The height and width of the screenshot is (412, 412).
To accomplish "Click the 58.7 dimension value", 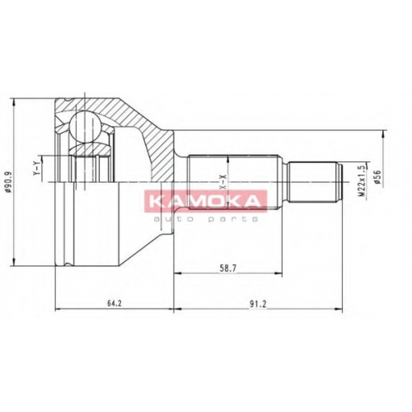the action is click(228, 269).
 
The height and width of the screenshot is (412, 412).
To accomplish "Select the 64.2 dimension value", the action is click(115, 303).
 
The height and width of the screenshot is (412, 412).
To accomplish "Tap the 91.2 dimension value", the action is click(258, 303).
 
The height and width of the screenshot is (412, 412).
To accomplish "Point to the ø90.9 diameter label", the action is click(9, 182).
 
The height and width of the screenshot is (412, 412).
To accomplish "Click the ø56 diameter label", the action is click(377, 177).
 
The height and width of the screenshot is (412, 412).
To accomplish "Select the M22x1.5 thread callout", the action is click(362, 180).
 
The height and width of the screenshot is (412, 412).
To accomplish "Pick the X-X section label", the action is click(223, 181).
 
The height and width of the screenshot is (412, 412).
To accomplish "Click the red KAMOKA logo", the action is click(205, 201).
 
